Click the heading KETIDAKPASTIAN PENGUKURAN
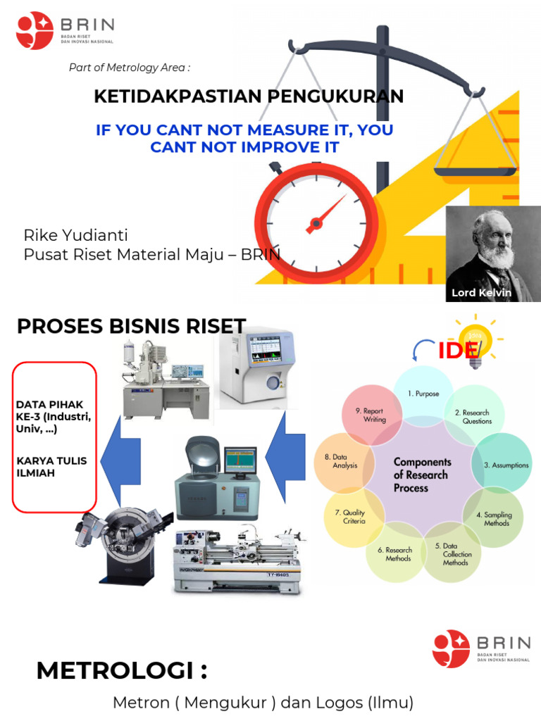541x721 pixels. [x=249, y=97]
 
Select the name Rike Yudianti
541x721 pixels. [x=76, y=235]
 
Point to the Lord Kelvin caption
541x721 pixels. [x=482, y=292]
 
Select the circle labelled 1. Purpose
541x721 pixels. [x=422, y=394]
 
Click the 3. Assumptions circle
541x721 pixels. [x=500, y=465]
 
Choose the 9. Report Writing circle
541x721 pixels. [x=373, y=415]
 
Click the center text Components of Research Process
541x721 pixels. [x=421, y=475]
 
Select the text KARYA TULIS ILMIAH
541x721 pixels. [x=51, y=467]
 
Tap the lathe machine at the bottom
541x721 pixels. [x=240, y=560]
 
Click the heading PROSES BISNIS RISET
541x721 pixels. [x=131, y=327]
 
